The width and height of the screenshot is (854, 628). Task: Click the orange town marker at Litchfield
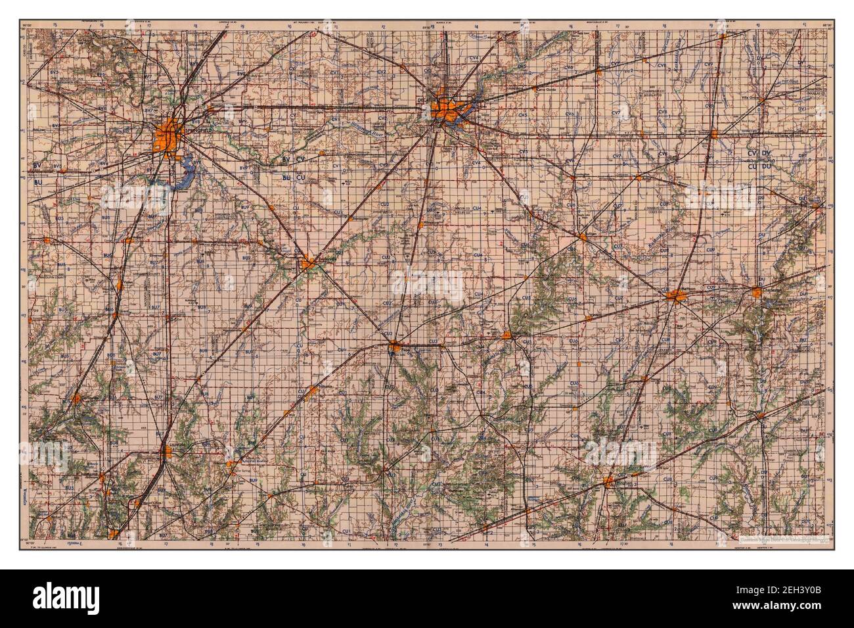(164, 454)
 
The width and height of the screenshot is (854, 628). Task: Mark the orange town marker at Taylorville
(307, 264)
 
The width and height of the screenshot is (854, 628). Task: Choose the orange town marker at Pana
(393, 346)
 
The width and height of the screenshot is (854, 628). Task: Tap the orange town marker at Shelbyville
(507, 335)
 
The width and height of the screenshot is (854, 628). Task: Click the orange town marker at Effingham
(611, 483)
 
